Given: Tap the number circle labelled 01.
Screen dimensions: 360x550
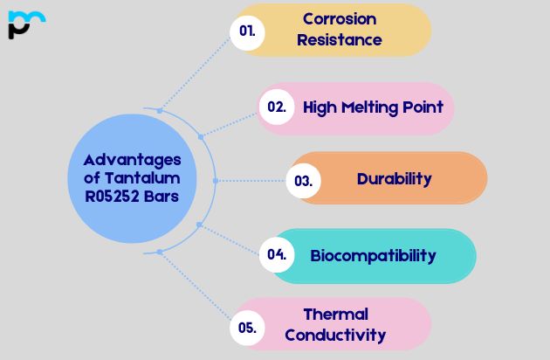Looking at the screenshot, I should [x=248, y=31].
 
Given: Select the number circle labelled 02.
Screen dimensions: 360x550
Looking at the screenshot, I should [x=277, y=107].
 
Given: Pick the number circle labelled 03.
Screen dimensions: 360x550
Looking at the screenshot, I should [x=304, y=181].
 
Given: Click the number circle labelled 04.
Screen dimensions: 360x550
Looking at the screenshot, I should [x=277, y=255].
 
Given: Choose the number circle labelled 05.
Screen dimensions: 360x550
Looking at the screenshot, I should [x=247, y=329].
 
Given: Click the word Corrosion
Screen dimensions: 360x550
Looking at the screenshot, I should [x=340, y=19].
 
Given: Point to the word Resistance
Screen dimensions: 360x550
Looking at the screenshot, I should [x=340, y=40].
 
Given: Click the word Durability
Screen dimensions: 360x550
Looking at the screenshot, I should [x=394, y=179].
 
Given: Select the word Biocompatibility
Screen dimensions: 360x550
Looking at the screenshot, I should [x=373, y=256].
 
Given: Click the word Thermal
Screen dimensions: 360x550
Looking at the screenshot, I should [x=335, y=315].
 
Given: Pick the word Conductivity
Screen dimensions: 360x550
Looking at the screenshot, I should [x=335, y=335].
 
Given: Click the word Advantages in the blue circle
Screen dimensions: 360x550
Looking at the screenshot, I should [x=133, y=160].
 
